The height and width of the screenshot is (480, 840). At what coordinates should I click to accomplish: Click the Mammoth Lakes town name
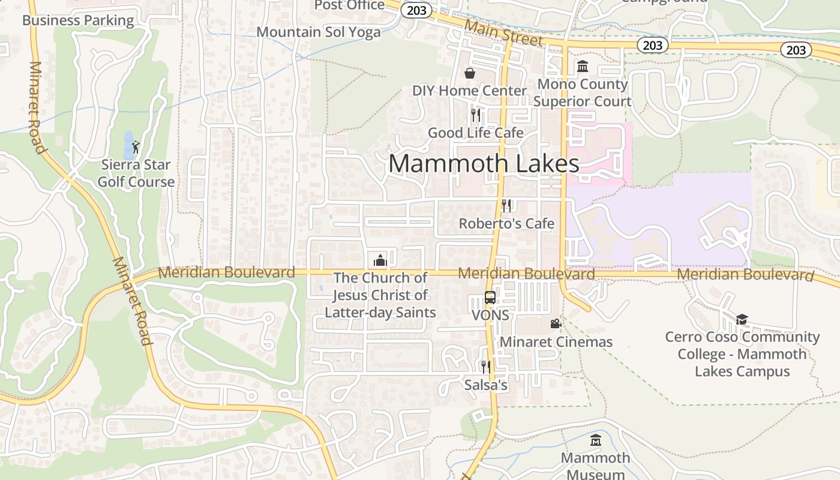(484, 164)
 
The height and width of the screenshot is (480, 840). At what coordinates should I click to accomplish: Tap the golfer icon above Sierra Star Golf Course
(136, 147)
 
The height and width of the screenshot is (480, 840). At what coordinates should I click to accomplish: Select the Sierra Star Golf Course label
(136, 173)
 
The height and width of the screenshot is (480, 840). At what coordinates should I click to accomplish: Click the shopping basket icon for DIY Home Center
(470, 73)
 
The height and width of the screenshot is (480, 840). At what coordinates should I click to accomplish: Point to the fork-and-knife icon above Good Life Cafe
(476, 115)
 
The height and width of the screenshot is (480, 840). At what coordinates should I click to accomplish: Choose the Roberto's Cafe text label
(506, 224)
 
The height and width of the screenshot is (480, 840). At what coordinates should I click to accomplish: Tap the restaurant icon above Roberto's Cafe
(506, 206)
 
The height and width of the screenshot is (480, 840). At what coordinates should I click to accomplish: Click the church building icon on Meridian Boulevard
(380, 260)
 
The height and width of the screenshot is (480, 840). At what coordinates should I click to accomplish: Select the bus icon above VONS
(490, 298)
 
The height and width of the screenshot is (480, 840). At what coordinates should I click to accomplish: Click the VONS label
(490, 316)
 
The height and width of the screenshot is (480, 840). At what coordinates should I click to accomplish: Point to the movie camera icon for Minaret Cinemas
(556, 324)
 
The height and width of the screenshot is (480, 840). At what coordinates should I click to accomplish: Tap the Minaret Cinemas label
(556, 342)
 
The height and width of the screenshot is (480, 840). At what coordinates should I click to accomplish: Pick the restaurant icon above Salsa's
(485, 367)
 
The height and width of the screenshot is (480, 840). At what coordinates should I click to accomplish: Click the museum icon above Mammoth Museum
(595, 440)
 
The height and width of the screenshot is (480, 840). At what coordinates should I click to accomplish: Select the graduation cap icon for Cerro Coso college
(742, 319)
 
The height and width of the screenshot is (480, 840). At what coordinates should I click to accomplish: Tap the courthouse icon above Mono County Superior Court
(583, 67)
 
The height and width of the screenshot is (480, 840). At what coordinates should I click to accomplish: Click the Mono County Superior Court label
(582, 93)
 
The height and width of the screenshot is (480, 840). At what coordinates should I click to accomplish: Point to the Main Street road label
(503, 33)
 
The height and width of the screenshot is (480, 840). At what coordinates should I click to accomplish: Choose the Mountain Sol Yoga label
(319, 32)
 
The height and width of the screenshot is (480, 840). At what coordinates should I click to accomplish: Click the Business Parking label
(78, 20)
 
